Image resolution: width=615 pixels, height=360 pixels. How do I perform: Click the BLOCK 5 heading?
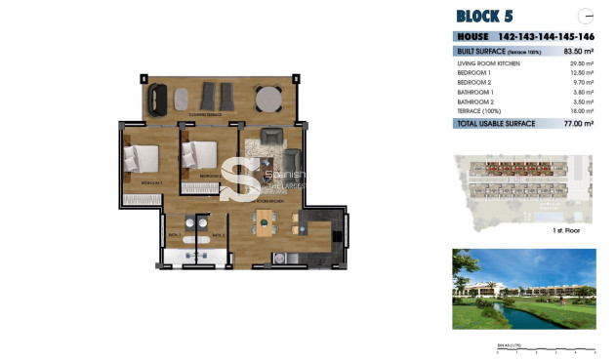[484, 16]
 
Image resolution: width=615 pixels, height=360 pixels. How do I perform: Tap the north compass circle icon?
[587, 16]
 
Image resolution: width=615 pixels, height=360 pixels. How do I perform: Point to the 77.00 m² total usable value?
[579, 124]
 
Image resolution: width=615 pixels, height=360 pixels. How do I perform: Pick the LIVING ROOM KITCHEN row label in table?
[488, 63]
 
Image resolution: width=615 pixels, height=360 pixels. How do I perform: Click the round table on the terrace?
[267, 98]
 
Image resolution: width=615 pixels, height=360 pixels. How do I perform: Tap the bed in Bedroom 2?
[201, 154]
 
